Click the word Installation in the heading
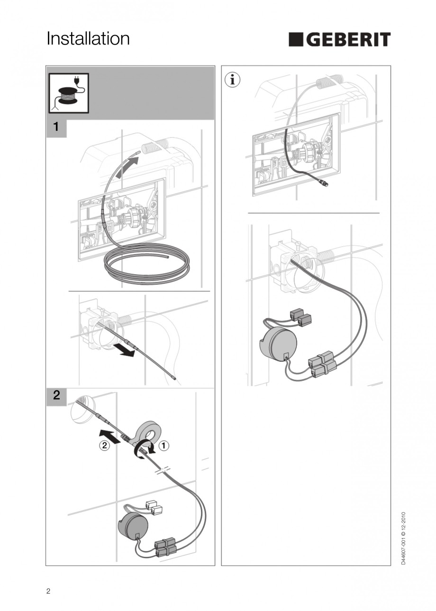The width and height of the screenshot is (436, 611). [88, 39]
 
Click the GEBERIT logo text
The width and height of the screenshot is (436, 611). [348, 40]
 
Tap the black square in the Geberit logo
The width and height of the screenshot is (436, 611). [296, 40]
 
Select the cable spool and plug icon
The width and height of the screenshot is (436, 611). [69, 93]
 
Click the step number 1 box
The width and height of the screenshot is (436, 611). [56, 127]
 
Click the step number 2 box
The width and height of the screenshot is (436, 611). [56, 395]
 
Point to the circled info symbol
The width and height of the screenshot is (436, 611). [232, 80]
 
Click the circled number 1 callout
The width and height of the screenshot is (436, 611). [163, 445]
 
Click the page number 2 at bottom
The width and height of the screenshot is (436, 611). [48, 592]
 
